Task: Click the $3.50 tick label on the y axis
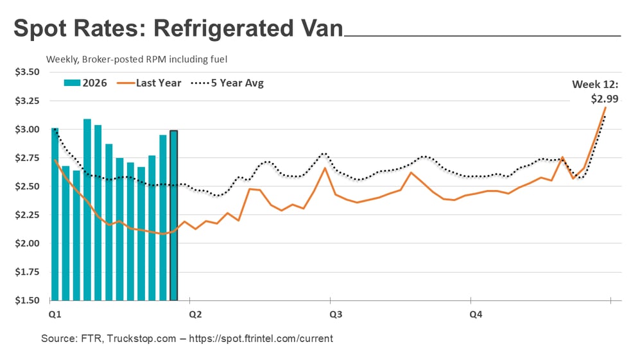click(28, 72)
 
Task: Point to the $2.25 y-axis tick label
click(28, 215)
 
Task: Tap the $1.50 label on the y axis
click(28, 300)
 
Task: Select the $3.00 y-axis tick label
click(28, 129)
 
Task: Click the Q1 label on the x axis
click(55, 314)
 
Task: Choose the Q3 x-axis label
click(335, 314)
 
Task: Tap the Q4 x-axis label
click(476, 314)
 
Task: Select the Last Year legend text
click(159, 83)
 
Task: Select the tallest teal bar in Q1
click(87, 209)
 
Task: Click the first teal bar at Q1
click(55, 214)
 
